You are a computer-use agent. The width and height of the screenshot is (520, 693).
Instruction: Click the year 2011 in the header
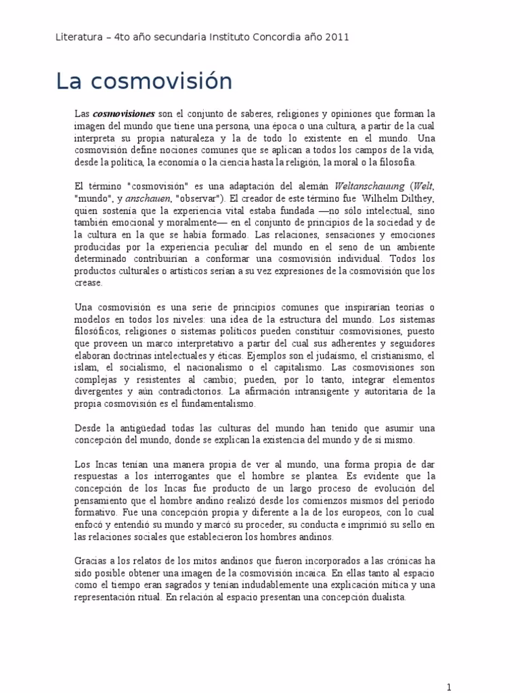click(x=337, y=37)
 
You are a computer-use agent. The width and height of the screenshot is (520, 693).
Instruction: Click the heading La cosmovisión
click(x=144, y=81)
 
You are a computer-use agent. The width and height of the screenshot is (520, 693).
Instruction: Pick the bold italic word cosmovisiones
click(x=124, y=114)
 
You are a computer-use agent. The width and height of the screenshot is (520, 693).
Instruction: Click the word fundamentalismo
click(x=219, y=404)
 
